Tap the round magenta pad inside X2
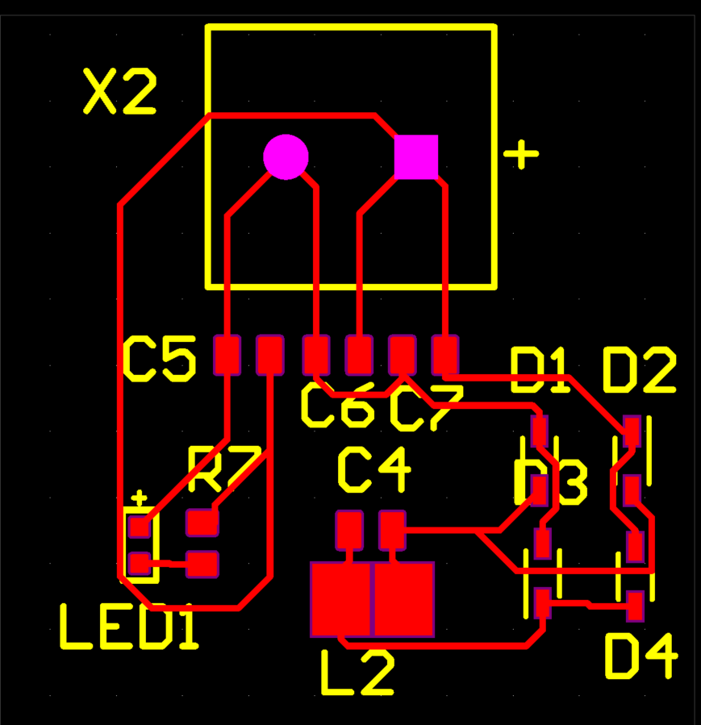tap(286, 156)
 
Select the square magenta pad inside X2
tap(416, 156)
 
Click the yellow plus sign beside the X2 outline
tap(521, 154)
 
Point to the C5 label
tap(159, 360)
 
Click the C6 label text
tap(337, 406)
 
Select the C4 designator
tap(373, 471)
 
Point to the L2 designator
tap(357, 673)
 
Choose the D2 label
tap(639, 372)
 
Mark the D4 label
tap(640, 656)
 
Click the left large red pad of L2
tap(340, 599)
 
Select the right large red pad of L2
tap(404, 599)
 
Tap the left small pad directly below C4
tap(349, 530)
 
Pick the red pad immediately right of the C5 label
tap(227, 355)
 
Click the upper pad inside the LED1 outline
tap(140, 527)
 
